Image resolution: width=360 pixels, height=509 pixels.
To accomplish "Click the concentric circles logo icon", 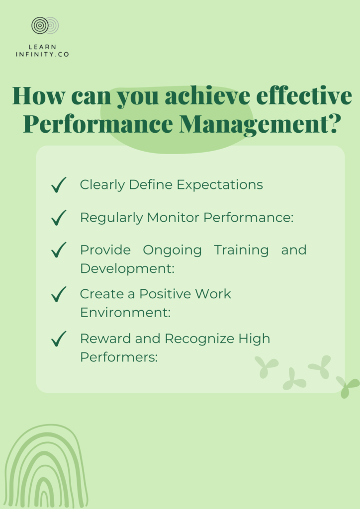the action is pyautogui.click(x=45, y=26).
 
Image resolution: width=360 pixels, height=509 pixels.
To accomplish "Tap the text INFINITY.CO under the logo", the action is pyautogui.click(x=43, y=55).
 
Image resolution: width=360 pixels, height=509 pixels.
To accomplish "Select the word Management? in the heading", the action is pyautogui.click(x=260, y=125).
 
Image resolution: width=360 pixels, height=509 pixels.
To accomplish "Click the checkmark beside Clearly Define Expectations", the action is pyautogui.click(x=59, y=185).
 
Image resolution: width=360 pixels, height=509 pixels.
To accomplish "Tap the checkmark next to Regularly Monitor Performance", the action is pyautogui.click(x=59, y=218).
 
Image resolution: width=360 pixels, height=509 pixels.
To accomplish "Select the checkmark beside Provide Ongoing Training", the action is pyautogui.click(x=59, y=250).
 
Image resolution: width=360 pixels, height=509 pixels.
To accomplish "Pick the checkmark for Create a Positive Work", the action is pyautogui.click(x=59, y=294).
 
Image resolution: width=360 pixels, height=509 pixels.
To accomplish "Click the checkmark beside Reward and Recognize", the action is pyautogui.click(x=59, y=339).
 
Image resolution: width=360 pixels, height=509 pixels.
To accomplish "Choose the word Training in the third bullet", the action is pyautogui.click(x=242, y=251).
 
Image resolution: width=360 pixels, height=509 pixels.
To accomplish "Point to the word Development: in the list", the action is pyautogui.click(x=127, y=269).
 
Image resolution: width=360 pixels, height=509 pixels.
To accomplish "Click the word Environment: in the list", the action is pyautogui.click(x=125, y=313).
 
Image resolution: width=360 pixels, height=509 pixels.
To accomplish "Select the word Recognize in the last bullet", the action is pyautogui.click(x=199, y=339).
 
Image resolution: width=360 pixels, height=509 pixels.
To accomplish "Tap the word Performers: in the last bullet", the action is pyautogui.click(x=119, y=357).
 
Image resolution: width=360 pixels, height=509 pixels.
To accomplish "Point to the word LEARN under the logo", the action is pyautogui.click(x=43, y=47).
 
